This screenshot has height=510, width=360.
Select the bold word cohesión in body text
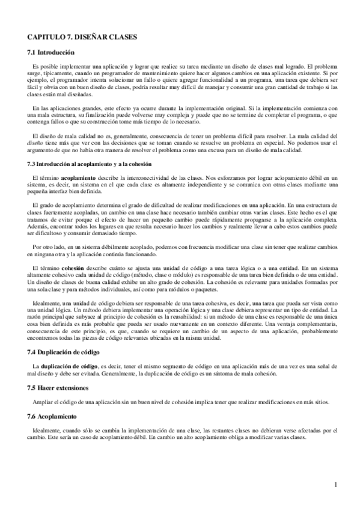72,266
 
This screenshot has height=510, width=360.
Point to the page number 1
335,484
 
